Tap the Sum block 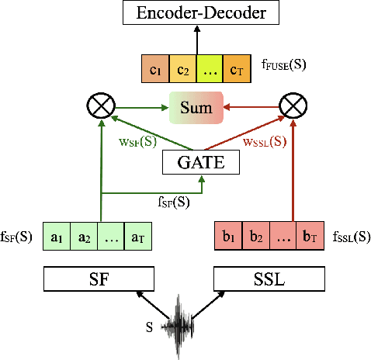pos(196,107)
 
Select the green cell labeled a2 pos(84,236)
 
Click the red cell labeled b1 pos(227,236)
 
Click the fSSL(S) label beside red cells pos(351,236)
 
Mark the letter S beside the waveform pos(150,327)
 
